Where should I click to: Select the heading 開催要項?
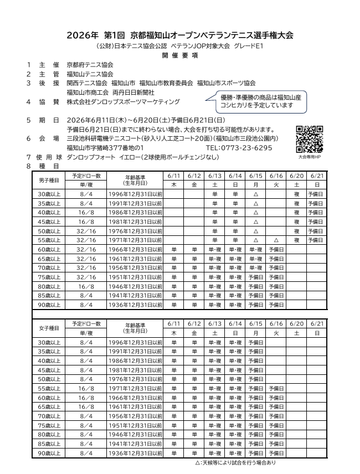179,56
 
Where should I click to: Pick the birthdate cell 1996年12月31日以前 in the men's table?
136,195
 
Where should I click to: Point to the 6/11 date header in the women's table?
173,323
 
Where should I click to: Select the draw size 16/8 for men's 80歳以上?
86,287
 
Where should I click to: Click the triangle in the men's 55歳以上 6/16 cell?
276,241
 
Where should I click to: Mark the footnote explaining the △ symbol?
235,462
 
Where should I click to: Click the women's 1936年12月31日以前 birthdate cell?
136,453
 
